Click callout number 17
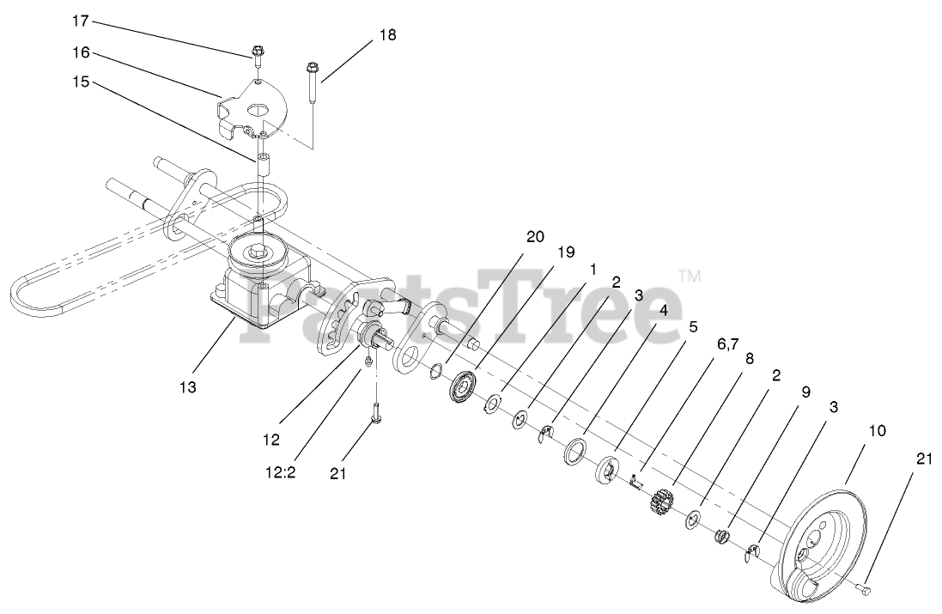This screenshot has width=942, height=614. (x=80, y=20)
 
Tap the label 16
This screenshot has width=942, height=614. (x=80, y=52)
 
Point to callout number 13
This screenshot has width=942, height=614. (x=188, y=387)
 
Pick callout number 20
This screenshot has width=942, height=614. (x=535, y=238)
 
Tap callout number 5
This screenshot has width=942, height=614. (x=692, y=326)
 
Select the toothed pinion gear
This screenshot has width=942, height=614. (x=659, y=500)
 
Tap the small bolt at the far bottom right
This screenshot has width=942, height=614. (x=863, y=588)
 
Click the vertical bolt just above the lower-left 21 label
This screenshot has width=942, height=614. (x=375, y=412)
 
